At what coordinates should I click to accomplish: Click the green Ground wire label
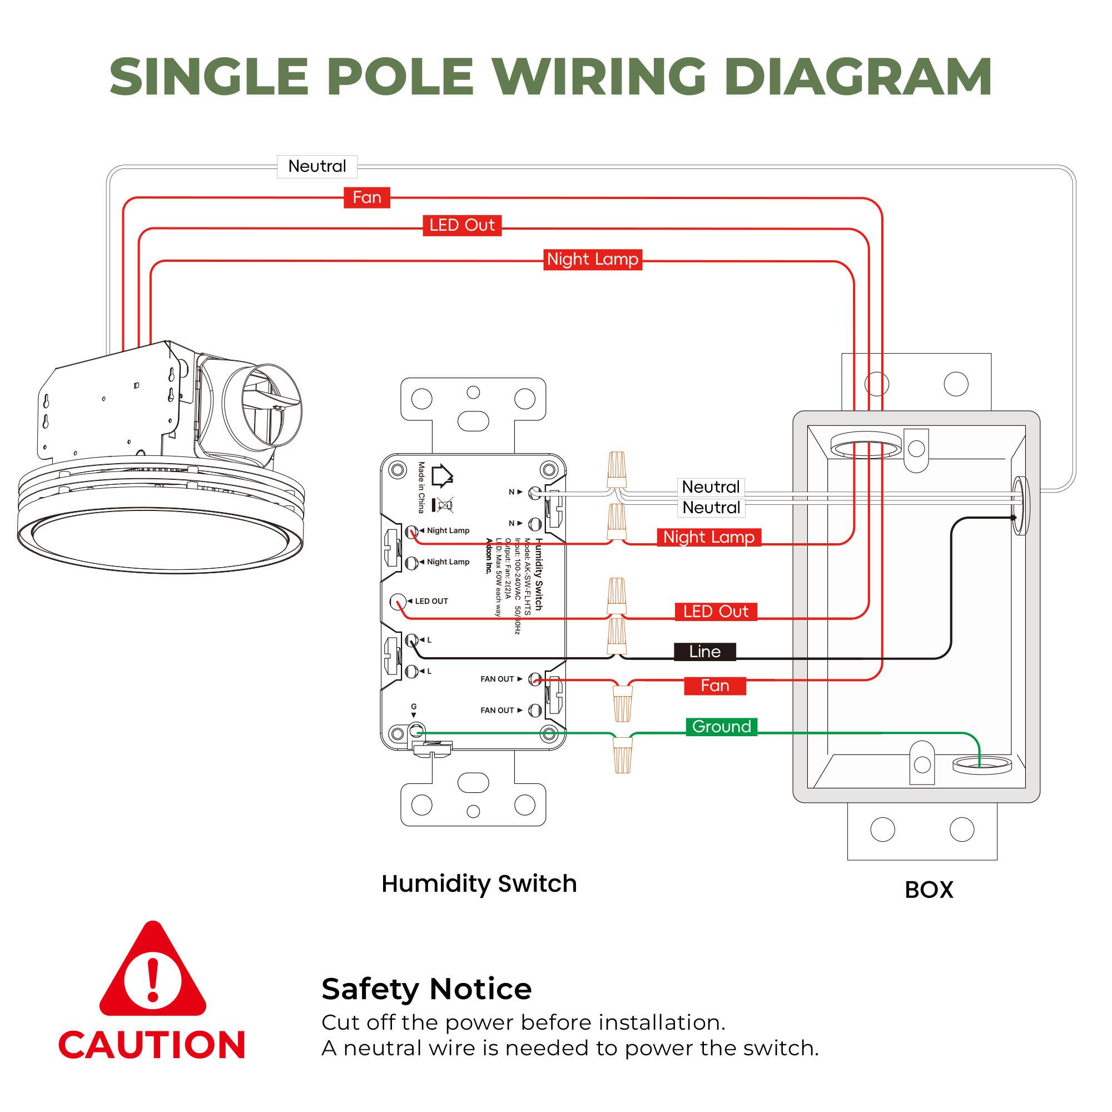coord(721,726)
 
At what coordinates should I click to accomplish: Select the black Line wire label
coord(704,652)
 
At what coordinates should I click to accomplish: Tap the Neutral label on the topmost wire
coord(316,166)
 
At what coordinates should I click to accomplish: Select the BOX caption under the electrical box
coord(929,890)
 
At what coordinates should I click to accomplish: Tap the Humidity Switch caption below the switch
coord(479,883)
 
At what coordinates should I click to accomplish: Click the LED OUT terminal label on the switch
coord(431,602)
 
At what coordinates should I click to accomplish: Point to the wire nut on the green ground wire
coord(622,755)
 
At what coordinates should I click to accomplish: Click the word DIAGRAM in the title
coord(857,77)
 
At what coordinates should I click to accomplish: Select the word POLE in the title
coord(400,77)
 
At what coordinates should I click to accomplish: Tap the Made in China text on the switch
coord(422,487)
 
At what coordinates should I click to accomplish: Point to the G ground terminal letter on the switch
coord(414,707)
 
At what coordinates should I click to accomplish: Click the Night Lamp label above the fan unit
coord(592,260)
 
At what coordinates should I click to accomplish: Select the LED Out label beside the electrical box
coord(716,611)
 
